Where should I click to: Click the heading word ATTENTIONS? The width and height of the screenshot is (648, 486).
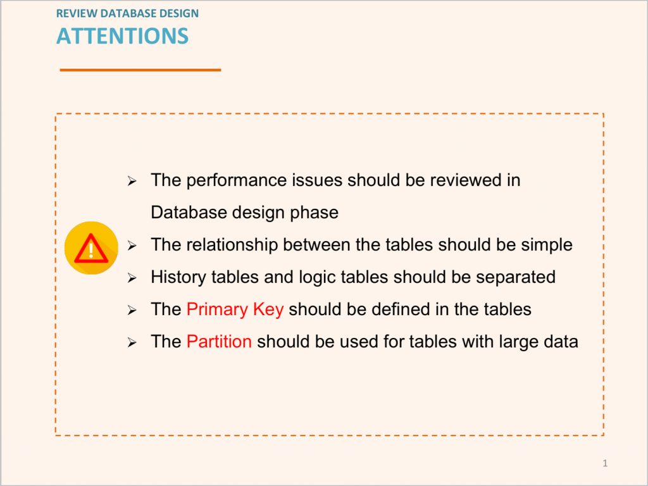pyautogui.click(x=122, y=36)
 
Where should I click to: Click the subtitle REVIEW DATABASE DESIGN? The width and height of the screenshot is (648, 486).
pyautogui.click(x=127, y=13)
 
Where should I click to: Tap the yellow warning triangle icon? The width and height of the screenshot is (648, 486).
pyautogui.click(x=91, y=248)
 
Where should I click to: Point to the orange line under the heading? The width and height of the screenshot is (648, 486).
pyautogui.click(x=140, y=70)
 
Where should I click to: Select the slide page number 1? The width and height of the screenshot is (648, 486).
pyautogui.click(x=605, y=463)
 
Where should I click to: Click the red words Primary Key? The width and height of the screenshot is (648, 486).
pyautogui.click(x=235, y=309)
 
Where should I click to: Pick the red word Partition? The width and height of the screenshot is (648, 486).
pyautogui.click(x=219, y=342)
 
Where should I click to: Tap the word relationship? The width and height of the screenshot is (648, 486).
pyautogui.click(x=232, y=245)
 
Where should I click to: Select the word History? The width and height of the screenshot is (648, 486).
pyautogui.click(x=178, y=277)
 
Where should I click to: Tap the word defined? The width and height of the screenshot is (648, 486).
pyautogui.click(x=399, y=309)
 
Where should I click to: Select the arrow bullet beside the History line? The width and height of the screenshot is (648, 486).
pyautogui.click(x=132, y=278)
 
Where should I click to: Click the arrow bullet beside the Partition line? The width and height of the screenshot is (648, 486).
pyautogui.click(x=132, y=342)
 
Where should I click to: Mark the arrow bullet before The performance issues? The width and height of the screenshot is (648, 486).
pyautogui.click(x=132, y=181)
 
